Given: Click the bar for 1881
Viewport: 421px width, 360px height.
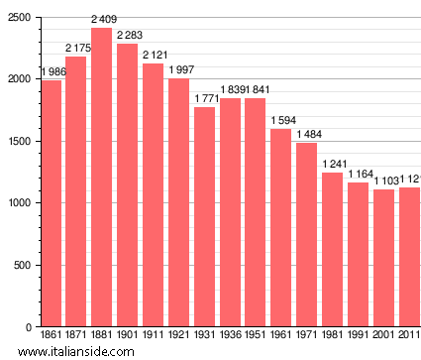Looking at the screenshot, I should (102, 178).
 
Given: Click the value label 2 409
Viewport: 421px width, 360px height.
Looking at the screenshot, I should (102, 19).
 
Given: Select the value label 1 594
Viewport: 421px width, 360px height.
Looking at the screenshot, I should (281, 120).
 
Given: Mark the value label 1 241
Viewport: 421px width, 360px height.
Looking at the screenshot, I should (332, 164).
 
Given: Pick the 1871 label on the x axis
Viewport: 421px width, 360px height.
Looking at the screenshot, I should (76, 337).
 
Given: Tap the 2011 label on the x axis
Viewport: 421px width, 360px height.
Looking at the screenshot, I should (408, 337).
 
